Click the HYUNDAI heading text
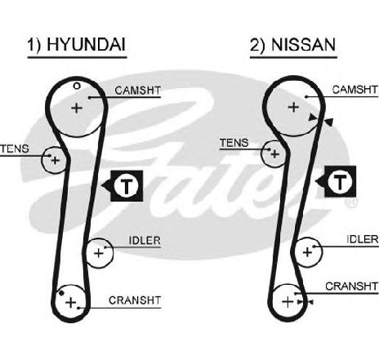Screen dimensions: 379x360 [87, 44]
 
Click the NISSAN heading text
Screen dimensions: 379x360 [304, 44]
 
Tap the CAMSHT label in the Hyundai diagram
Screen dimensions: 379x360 [138, 91]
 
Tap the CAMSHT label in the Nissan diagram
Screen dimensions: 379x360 [354, 90]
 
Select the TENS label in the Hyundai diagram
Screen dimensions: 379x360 [15, 149]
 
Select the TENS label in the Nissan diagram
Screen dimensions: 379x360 [234, 143]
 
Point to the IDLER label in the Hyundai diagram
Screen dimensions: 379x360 [145, 241]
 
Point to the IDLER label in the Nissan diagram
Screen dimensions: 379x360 [363, 239]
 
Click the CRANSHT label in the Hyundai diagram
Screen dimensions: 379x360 [135, 300]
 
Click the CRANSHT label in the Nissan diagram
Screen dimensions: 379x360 [352, 287]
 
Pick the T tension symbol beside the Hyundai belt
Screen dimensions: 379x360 [127, 186]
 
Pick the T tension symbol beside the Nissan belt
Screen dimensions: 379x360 [340, 181]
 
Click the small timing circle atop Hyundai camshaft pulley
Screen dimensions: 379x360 [77, 87]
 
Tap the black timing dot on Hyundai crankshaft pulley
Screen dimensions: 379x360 [62, 293]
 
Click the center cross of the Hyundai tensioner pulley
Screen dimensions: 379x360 [56, 160]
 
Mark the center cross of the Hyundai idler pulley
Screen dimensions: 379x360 [99, 253]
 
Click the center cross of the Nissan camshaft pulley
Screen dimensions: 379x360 [293, 107]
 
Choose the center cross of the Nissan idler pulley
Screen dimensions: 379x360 [307, 252]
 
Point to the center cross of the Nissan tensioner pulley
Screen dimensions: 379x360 [275, 154]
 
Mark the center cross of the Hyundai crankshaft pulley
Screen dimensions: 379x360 [71, 303]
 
